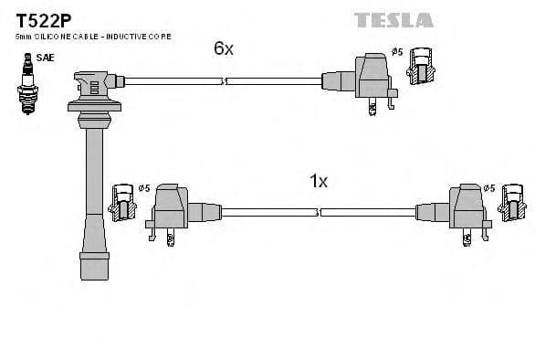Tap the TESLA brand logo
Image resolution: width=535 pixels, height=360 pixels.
click(393, 19)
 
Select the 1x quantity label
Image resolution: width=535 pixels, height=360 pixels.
click(319, 181)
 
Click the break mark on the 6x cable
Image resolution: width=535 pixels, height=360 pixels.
click(225, 81)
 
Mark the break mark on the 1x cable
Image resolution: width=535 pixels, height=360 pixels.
click(319, 212)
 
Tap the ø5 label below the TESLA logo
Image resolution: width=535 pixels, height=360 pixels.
click(397, 52)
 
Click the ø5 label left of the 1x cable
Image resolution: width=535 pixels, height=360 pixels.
click(143, 188)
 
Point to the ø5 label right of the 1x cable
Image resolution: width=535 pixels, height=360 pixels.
click(488, 188)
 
